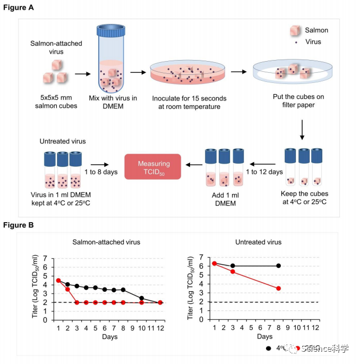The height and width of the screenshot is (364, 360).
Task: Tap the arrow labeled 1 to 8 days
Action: pos(100,164)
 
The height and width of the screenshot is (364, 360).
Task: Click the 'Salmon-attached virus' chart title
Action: pos(107,242)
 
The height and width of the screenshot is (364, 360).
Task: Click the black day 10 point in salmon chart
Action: pos(142,298)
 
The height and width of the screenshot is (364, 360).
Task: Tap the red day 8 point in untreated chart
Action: pos(278,289)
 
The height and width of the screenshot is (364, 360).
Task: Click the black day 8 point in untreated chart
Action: pos(278,266)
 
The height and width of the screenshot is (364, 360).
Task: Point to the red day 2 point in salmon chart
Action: pos(67,289)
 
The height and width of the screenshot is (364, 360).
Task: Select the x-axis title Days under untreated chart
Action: pos(264,336)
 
